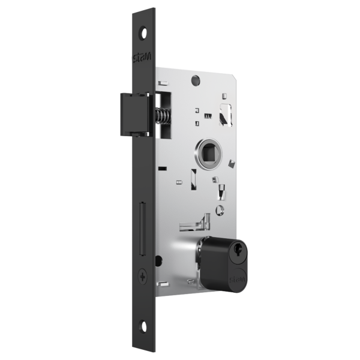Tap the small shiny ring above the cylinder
pyautogui.click(x=221, y=208)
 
